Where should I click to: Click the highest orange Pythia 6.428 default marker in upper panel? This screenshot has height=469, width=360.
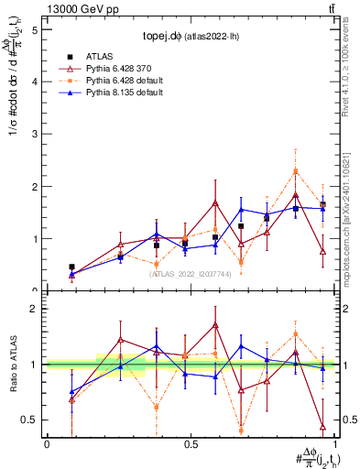click(x=296, y=171)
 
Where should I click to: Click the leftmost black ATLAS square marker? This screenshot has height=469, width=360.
click(x=72, y=267)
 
